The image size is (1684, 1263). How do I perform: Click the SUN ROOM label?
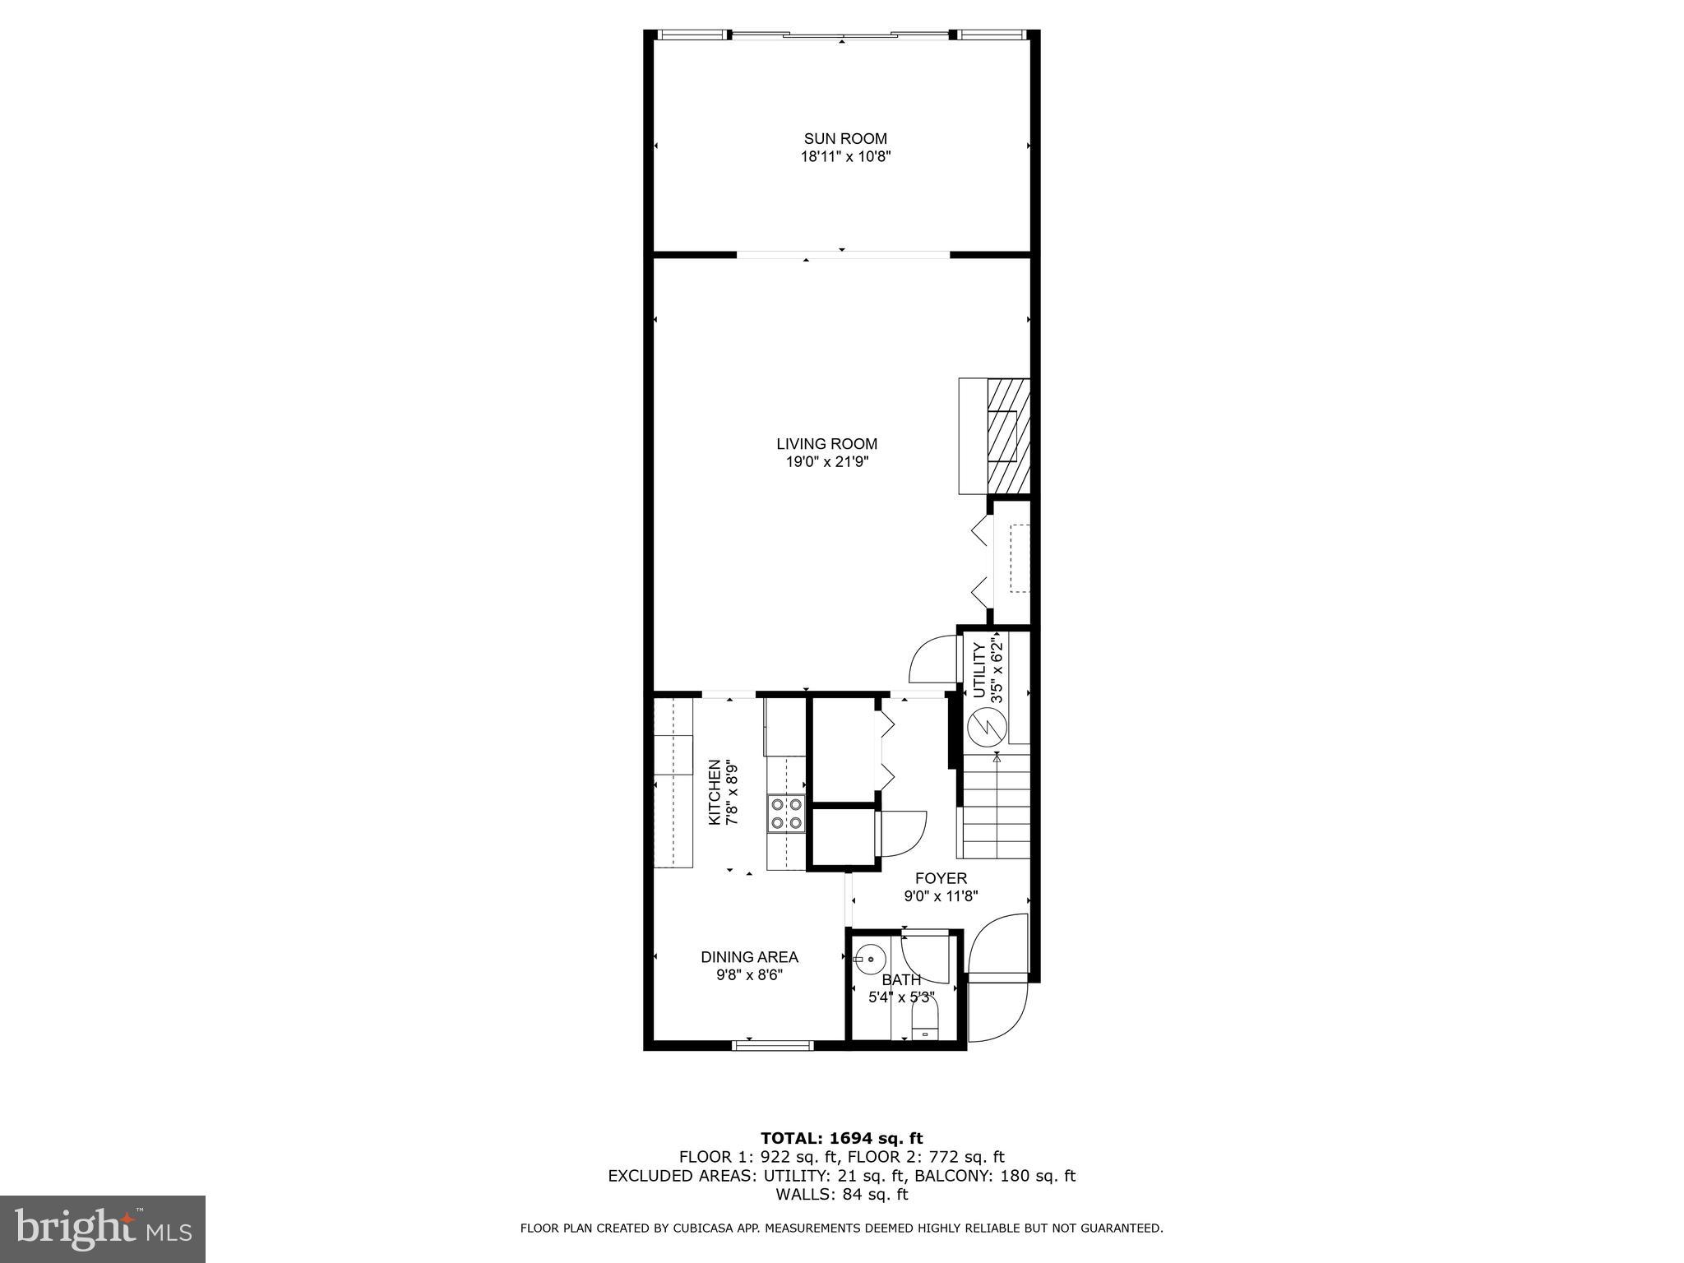[x=845, y=139]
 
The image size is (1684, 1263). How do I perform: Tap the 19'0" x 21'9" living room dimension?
[x=827, y=462]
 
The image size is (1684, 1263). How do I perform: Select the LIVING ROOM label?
[x=827, y=444]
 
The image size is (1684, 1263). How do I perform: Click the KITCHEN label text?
[x=715, y=792]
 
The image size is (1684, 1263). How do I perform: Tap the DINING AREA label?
[x=749, y=957]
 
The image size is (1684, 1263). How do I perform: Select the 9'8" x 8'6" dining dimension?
[x=749, y=975]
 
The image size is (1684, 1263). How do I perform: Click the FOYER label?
[x=941, y=878]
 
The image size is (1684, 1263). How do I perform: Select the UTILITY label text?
[x=979, y=670]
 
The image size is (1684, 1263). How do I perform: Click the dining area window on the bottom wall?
[x=773, y=1045]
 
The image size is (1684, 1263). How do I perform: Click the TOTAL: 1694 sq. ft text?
[x=841, y=1139]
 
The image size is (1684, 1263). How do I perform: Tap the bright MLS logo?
[x=103, y=1229]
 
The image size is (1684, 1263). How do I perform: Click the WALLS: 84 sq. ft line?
[x=841, y=1194]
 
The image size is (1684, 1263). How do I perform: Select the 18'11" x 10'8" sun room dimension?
[x=845, y=157]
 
